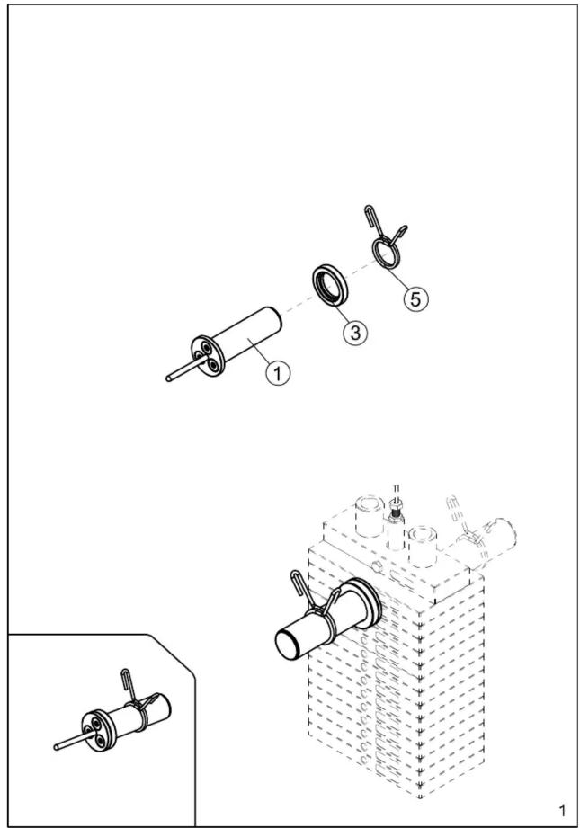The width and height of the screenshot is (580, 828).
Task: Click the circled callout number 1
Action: coord(278,373)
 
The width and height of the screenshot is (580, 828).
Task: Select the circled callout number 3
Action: coord(355,332)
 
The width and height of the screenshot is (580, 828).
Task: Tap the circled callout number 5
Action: coord(415,298)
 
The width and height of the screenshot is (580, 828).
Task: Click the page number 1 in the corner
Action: coord(562,809)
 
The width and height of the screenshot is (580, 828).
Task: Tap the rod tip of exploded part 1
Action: coord(168,378)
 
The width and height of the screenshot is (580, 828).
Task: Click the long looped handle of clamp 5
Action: coord(372,218)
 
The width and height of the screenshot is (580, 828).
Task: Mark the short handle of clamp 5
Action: coord(400,231)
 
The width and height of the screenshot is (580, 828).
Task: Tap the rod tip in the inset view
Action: coord(57,747)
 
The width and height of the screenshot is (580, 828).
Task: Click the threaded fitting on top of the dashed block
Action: coord(396,510)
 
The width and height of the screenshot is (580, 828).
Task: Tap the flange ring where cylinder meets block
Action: coord(366,602)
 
